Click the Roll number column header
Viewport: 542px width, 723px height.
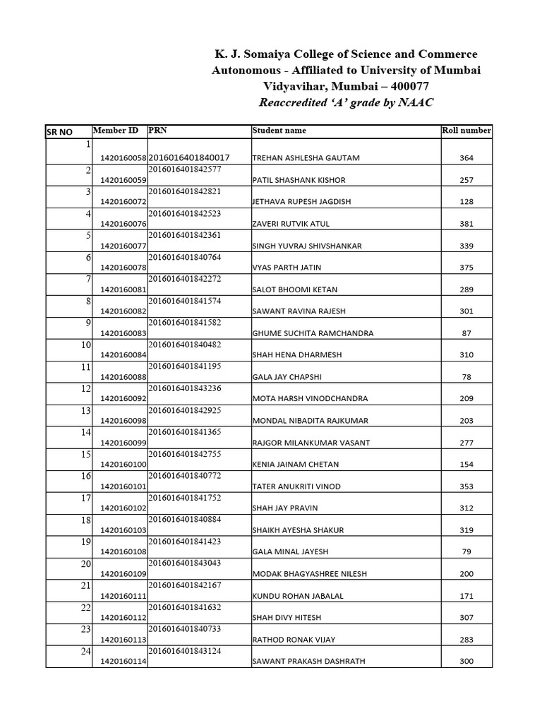click(466, 130)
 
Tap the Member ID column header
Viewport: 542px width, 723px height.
click(116, 130)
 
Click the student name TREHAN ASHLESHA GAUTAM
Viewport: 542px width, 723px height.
click(306, 158)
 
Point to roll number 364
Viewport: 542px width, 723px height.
click(466, 158)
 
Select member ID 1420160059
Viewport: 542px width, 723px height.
click(123, 180)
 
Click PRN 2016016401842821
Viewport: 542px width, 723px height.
click(184, 191)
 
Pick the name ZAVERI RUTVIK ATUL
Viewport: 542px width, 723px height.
click(291, 224)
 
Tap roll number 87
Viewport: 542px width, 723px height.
click(466, 333)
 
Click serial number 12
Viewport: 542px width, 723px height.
click(86, 388)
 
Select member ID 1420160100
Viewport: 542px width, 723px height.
click(123, 465)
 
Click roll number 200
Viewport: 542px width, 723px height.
click(466, 574)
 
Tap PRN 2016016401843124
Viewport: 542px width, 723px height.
click(184, 650)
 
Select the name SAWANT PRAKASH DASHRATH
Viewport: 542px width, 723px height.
click(303, 662)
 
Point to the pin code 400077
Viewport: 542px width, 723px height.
click(406, 86)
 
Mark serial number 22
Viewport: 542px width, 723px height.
click(86, 607)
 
